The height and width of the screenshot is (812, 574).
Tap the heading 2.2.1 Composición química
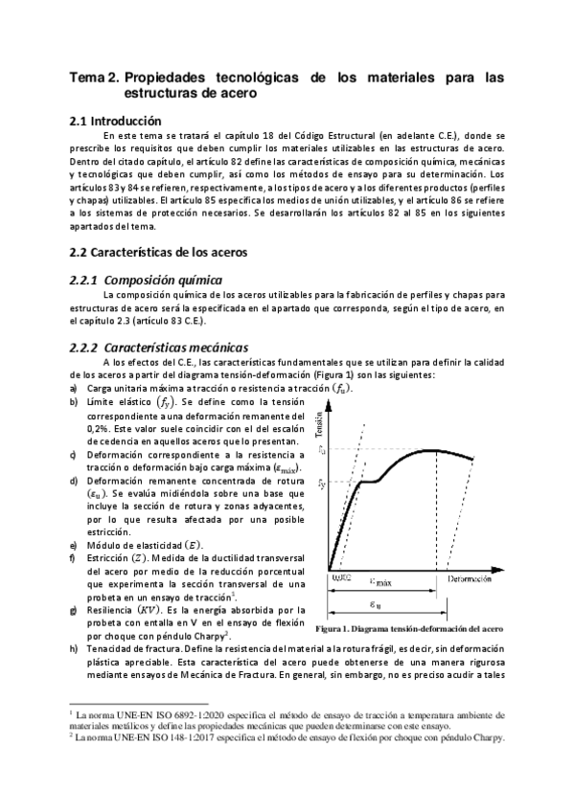144,280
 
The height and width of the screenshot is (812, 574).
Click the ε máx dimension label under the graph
382,581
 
